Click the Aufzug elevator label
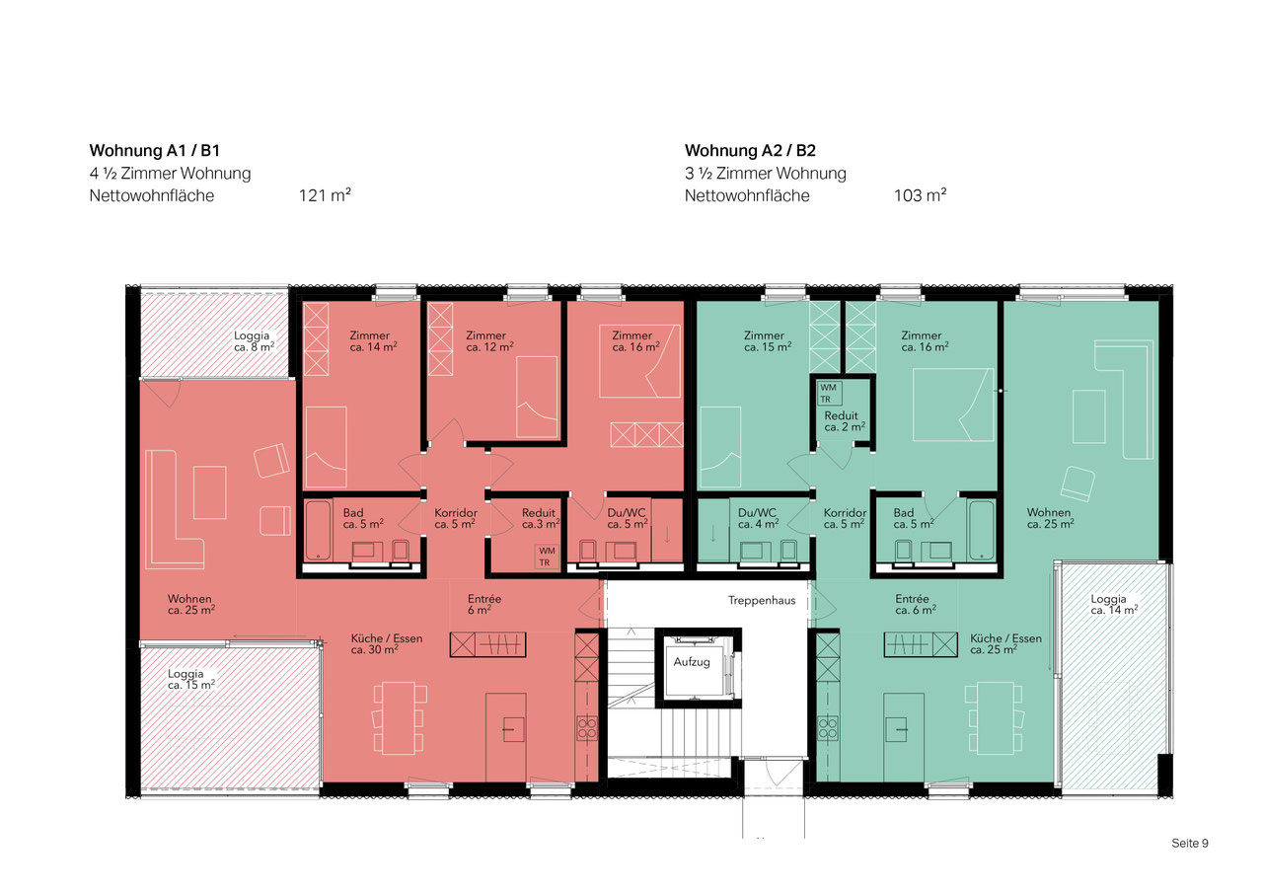pos(692,662)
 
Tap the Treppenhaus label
pos(761,600)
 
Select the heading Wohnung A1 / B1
pos(155,151)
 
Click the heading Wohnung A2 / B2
pos(750,151)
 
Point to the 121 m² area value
pos(325,195)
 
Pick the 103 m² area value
pos(921,195)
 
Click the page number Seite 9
pos(1190,843)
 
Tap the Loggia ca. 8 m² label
pos(254,341)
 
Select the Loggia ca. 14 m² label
pos(1114,604)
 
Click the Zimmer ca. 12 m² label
pos(489,341)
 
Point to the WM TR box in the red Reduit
pos(547,557)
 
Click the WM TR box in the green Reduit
pos(829,394)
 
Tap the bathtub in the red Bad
pos(318,531)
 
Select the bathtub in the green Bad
pos(982,531)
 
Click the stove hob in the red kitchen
pos(586,727)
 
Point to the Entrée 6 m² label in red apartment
pos(483,604)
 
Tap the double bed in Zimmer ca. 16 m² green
pos(953,405)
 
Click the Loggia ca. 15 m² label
pos(191,679)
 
